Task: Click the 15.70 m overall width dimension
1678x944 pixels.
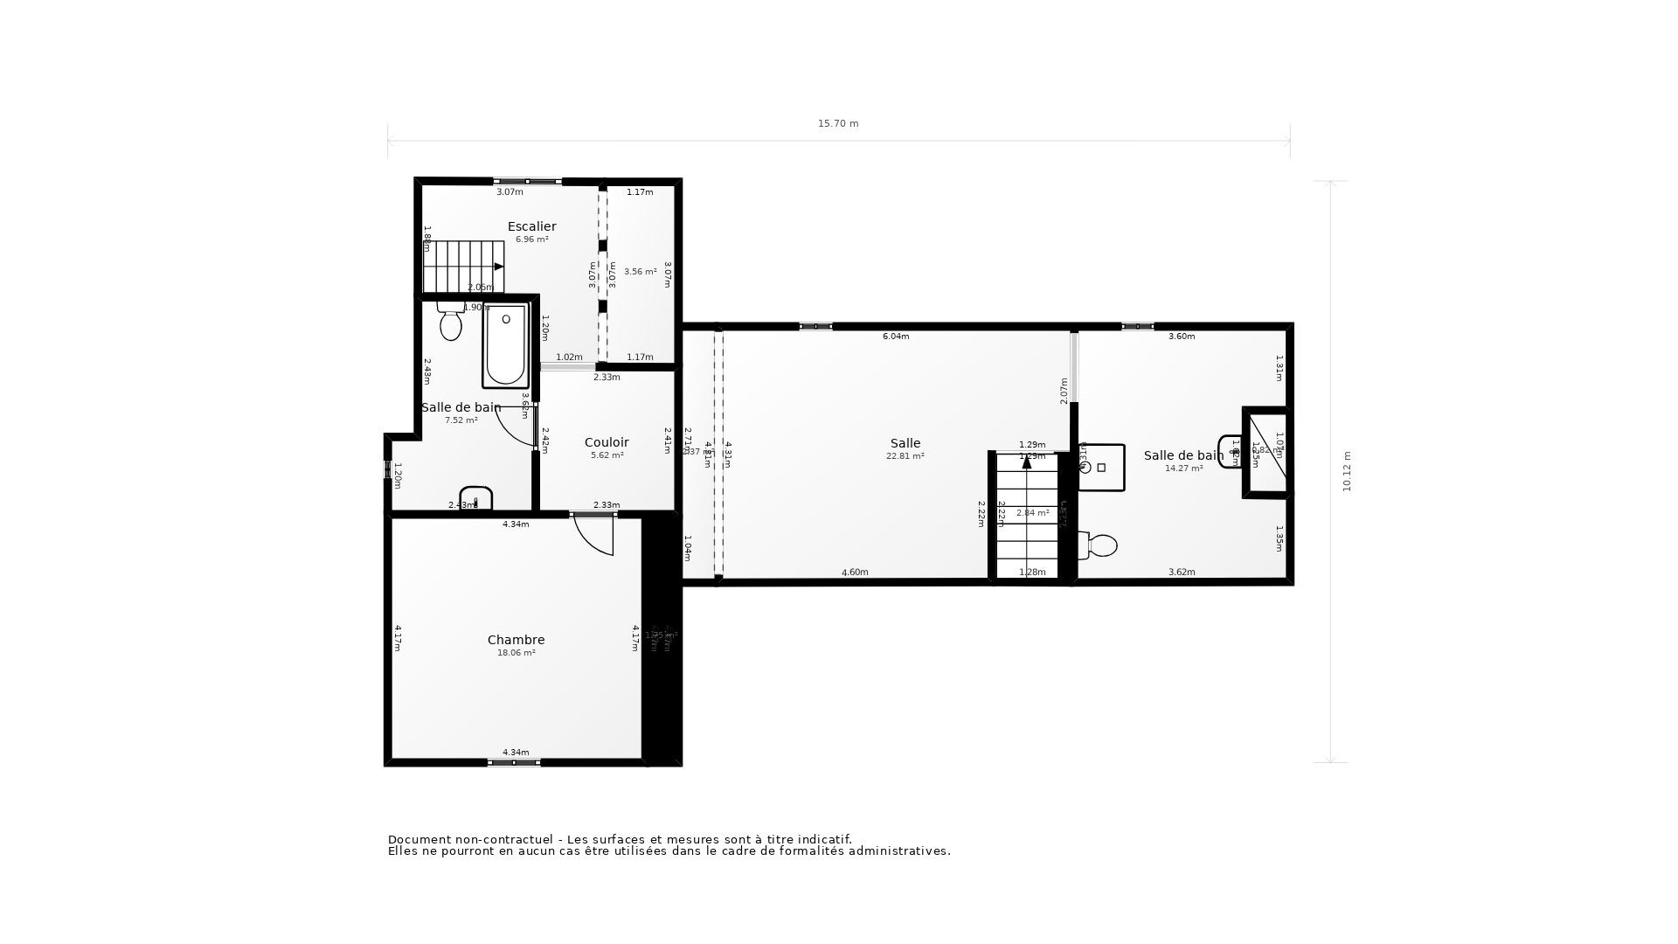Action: tap(838, 124)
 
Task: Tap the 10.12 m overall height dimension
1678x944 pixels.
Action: tap(1347, 472)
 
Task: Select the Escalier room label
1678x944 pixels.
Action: tap(531, 226)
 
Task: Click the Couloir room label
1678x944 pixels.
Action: tap(607, 442)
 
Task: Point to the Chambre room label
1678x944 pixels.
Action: tap(516, 640)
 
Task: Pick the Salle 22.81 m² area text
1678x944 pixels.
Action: tap(905, 456)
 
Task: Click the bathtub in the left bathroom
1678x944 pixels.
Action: tap(505, 345)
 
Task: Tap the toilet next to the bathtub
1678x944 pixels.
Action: tap(451, 323)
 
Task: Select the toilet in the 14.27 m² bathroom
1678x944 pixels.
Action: tap(1099, 545)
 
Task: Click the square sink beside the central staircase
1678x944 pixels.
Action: tap(1102, 468)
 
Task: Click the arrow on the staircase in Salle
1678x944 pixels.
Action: tap(1027, 462)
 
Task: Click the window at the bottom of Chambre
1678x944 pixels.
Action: tap(514, 763)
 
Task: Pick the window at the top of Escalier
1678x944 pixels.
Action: tap(528, 181)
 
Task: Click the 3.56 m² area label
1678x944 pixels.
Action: tap(640, 272)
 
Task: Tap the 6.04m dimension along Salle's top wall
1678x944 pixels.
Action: tap(896, 337)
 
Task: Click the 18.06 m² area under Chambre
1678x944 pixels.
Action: tap(516, 653)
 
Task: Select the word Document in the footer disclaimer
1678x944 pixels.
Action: tap(417, 840)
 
